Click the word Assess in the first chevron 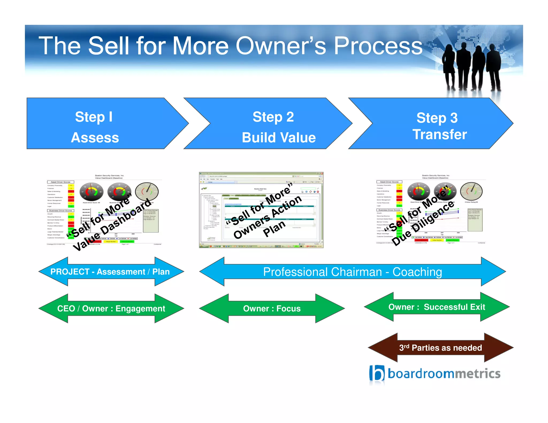pyautogui.click(x=95, y=138)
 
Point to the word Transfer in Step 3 pyautogui.click(x=440, y=134)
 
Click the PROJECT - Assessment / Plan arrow pyautogui.click(x=110, y=272)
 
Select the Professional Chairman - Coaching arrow pyautogui.click(x=352, y=272)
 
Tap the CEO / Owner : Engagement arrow pyautogui.click(x=111, y=309)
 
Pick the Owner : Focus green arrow pyautogui.click(x=272, y=309)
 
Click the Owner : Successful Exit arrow pyautogui.click(x=436, y=307)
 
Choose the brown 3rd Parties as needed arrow pyautogui.click(x=440, y=348)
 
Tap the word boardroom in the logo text pyautogui.click(x=421, y=374)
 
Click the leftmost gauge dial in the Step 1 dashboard pyautogui.click(x=92, y=192)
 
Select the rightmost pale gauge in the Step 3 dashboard pyautogui.click(x=471, y=191)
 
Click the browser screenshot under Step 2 pyautogui.click(x=261, y=210)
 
